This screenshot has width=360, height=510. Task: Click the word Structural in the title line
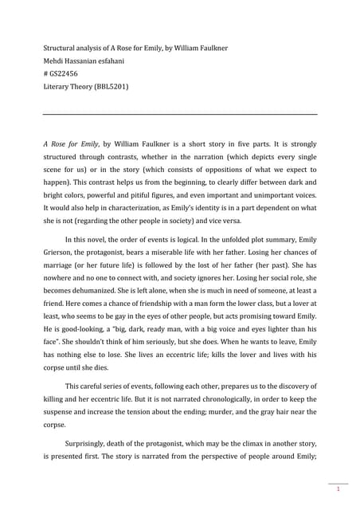click(x=59, y=45)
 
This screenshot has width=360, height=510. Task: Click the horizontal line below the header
click(x=179, y=114)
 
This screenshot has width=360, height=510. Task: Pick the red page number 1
click(x=338, y=488)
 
